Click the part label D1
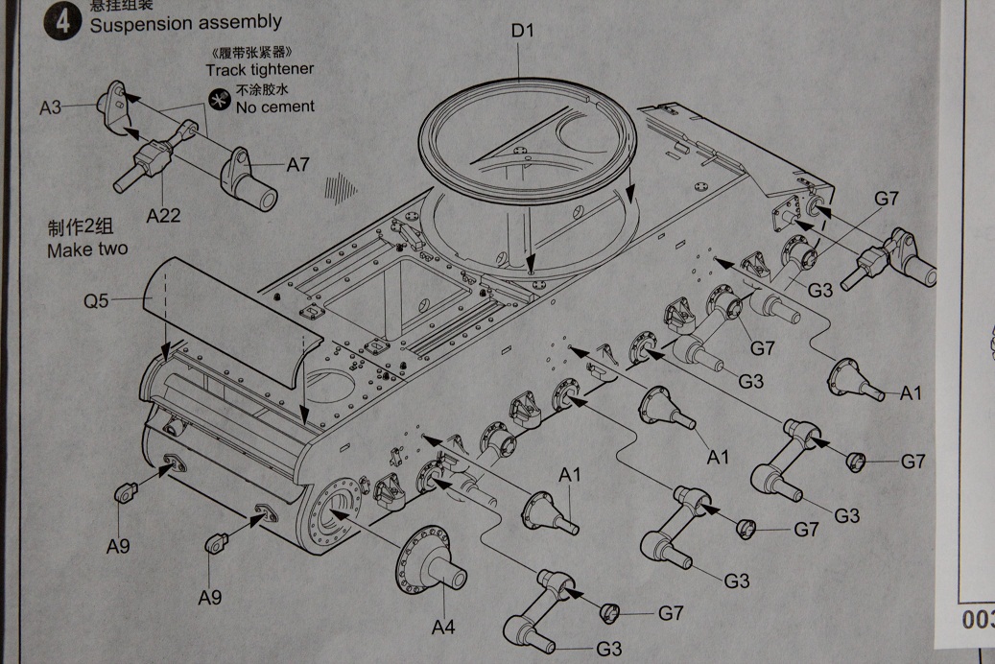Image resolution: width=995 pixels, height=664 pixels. (521, 30)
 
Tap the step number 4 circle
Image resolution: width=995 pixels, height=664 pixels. (63, 21)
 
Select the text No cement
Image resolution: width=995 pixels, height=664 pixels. (274, 107)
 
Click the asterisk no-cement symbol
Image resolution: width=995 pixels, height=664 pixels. (219, 98)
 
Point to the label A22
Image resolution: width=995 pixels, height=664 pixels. (163, 215)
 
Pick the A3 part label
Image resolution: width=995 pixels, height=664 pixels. (50, 107)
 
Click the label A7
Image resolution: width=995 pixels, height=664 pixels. (297, 165)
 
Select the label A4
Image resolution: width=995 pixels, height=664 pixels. (442, 627)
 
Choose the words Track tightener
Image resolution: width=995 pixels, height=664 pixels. (259, 69)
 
